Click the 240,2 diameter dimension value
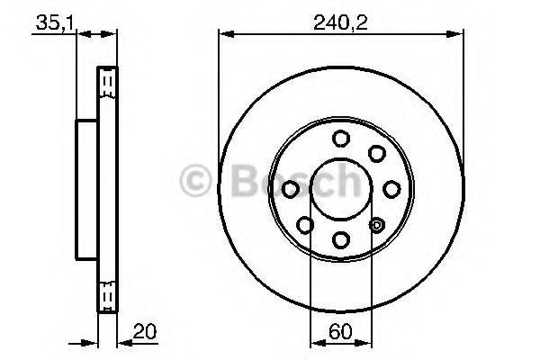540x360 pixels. [340, 21]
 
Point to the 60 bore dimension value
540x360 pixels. [338, 330]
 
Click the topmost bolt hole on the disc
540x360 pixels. [340, 138]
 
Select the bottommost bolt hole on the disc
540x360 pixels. [340, 238]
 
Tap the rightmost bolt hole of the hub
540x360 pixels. [391, 188]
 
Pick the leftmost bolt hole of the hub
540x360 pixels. [290, 188]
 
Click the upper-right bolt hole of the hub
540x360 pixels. [376, 153]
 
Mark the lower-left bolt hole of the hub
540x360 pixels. [305, 224]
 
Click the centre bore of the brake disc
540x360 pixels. [340, 188]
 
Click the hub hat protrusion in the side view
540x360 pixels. [86, 188]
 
